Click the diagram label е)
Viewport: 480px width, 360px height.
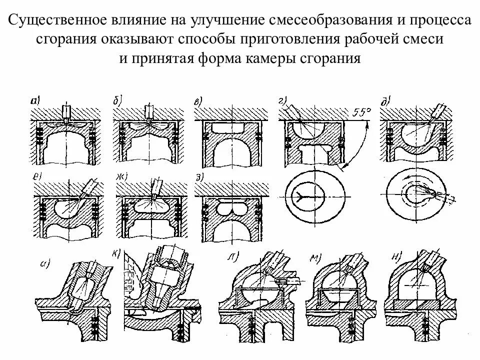(x=36, y=175)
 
